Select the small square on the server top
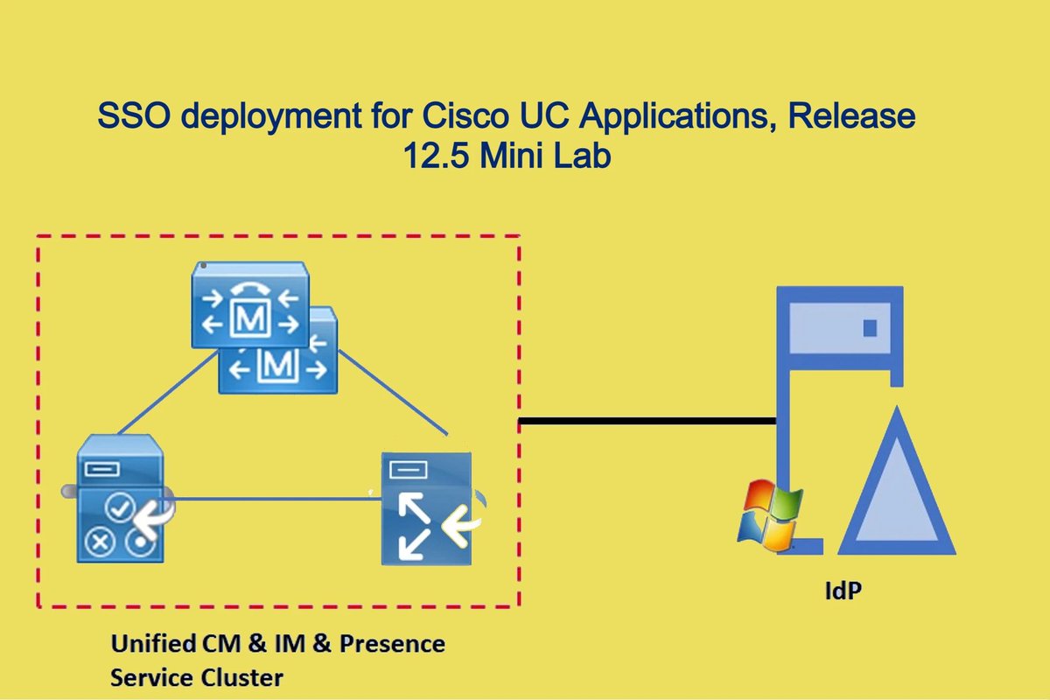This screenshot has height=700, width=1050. (x=870, y=328)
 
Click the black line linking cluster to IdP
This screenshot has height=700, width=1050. (x=647, y=422)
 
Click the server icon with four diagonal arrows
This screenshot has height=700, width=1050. (x=425, y=507)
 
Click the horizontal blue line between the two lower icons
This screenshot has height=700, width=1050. (x=271, y=500)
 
